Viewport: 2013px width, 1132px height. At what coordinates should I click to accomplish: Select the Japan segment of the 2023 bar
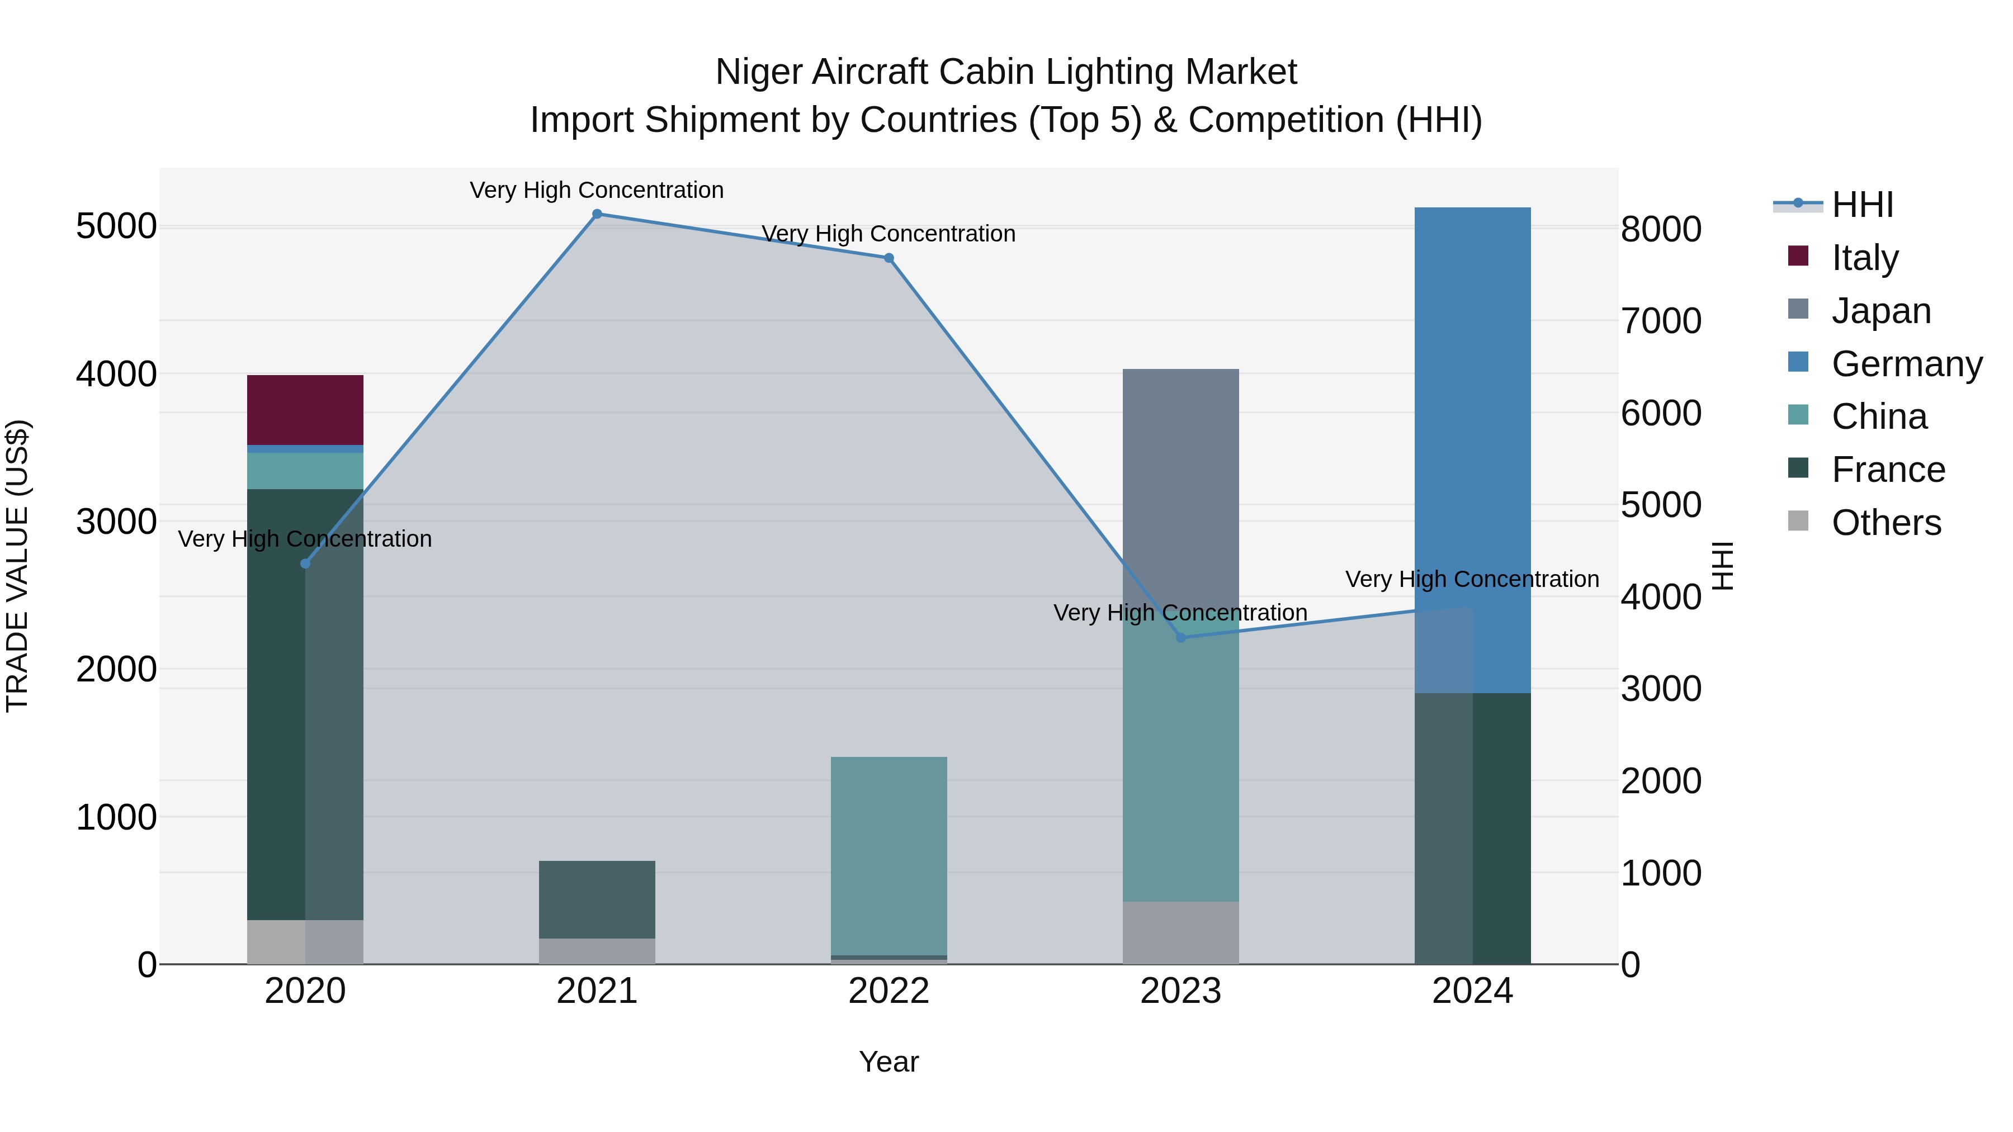pos(1180,484)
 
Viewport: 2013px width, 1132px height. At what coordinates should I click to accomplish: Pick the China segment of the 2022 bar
pos(889,855)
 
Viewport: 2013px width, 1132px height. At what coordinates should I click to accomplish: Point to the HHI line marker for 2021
pos(597,214)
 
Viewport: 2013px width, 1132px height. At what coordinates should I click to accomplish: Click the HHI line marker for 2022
pos(889,258)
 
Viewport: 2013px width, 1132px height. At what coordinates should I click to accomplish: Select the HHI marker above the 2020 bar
pos(305,564)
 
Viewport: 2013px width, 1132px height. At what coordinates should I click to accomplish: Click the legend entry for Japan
pos(1880,311)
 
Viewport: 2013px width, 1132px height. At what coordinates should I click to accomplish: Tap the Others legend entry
pos(1885,523)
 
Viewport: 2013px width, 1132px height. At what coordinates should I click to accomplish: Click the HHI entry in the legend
pos(1861,205)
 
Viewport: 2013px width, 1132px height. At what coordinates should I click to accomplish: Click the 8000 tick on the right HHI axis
pos(1661,230)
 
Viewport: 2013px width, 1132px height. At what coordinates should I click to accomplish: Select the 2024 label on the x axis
pos(1472,991)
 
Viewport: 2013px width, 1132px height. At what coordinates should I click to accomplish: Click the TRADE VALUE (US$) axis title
pos(17,566)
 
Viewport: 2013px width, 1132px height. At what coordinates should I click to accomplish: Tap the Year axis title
pos(889,1062)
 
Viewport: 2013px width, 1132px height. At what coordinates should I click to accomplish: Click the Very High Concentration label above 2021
pos(597,190)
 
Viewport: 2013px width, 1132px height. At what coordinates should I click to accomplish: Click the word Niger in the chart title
pos(759,72)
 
